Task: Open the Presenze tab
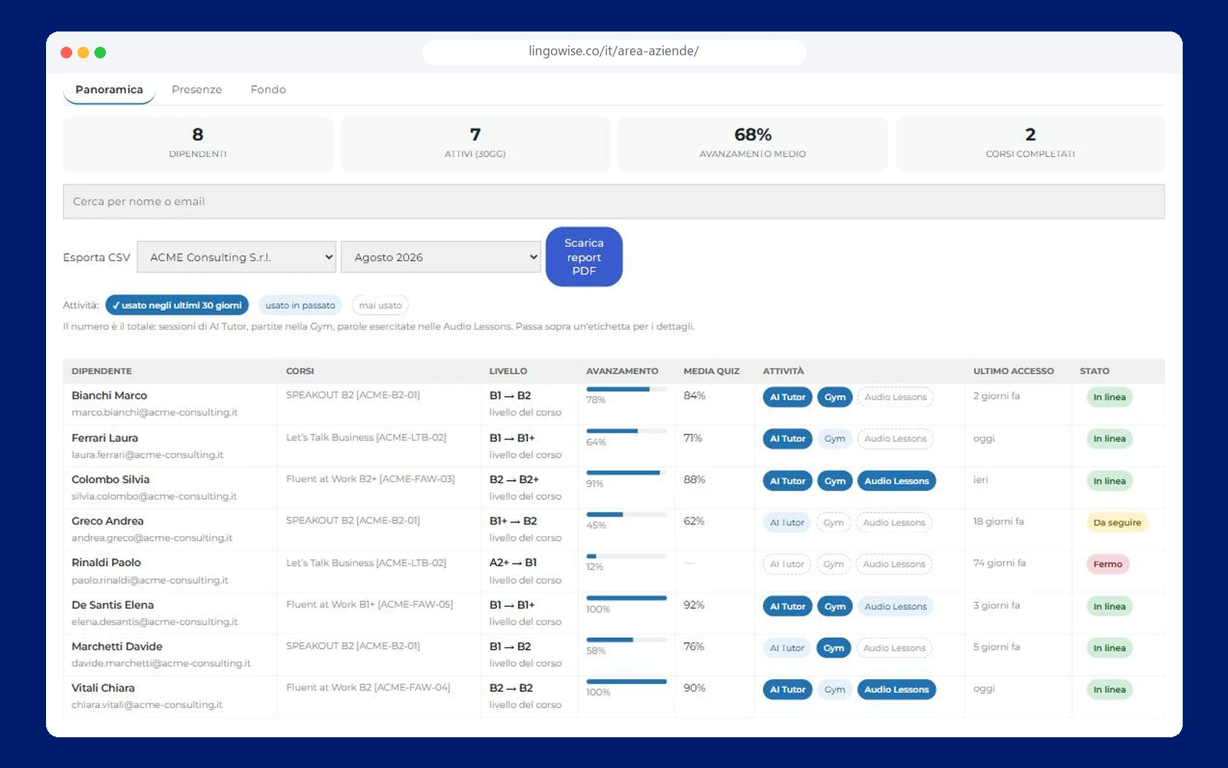(196, 89)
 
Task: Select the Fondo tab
(268, 89)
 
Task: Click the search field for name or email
(613, 201)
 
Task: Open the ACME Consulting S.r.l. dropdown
(236, 257)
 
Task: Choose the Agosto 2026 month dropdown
(441, 257)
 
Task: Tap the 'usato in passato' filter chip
(300, 305)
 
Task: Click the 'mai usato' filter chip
(381, 305)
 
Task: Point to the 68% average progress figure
(753, 134)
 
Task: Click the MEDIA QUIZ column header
(711, 371)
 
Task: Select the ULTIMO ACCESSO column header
(1013, 371)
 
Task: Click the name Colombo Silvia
(111, 479)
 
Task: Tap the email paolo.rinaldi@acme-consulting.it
(150, 580)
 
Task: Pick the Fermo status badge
(1108, 564)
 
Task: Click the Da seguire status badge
(1117, 522)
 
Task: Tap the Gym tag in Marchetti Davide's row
(834, 648)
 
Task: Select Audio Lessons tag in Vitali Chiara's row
(896, 690)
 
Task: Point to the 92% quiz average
(694, 605)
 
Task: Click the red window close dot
(66, 53)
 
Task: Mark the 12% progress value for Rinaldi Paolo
(594, 567)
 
